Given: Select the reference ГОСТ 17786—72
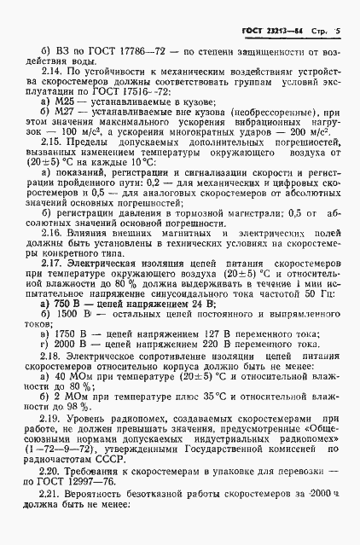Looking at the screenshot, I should [x=117, y=51].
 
